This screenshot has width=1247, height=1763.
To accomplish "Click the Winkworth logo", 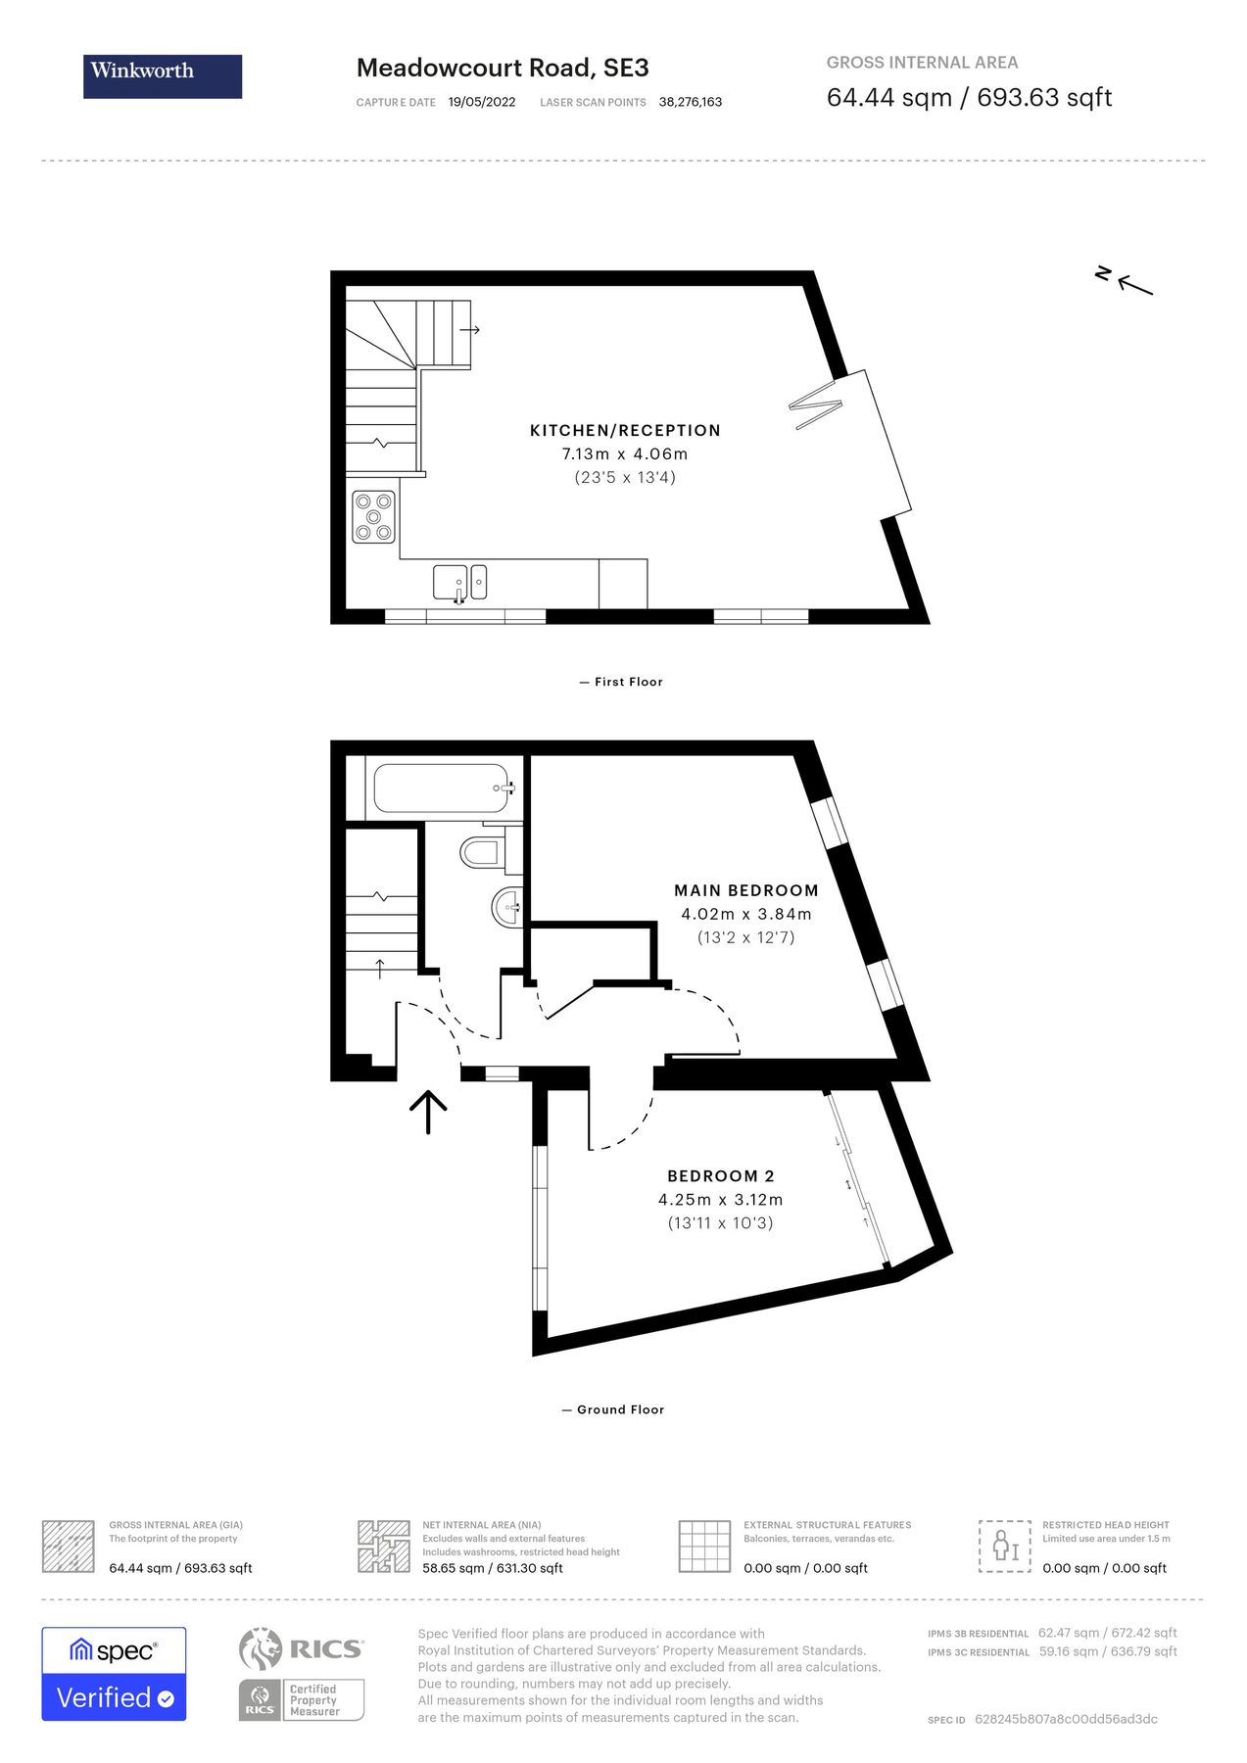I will coord(163,76).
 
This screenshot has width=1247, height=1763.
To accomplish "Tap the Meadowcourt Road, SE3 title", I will coord(503,68).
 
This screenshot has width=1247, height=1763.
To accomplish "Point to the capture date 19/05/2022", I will coord(482,102).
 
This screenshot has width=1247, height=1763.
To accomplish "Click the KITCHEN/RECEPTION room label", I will coord(625,430).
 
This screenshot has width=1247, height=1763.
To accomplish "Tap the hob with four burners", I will coord(374,516).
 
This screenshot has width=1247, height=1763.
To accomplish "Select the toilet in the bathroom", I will coord(482,851).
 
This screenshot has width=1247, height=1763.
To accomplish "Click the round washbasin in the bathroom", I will coord(506,906).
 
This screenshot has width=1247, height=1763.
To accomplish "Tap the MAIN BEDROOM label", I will coord(746,890).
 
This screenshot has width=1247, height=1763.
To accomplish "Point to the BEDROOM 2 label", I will coord(721,1176).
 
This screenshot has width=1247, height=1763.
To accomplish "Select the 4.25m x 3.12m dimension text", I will coord(721,1200).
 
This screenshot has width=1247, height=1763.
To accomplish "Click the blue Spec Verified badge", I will coord(114,1674).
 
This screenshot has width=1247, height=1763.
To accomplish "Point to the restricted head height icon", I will coord(1005,1547).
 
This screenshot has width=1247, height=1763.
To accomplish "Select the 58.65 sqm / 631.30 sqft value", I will coord(493,1568).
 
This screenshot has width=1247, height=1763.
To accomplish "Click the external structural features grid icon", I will coord(705,1547).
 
